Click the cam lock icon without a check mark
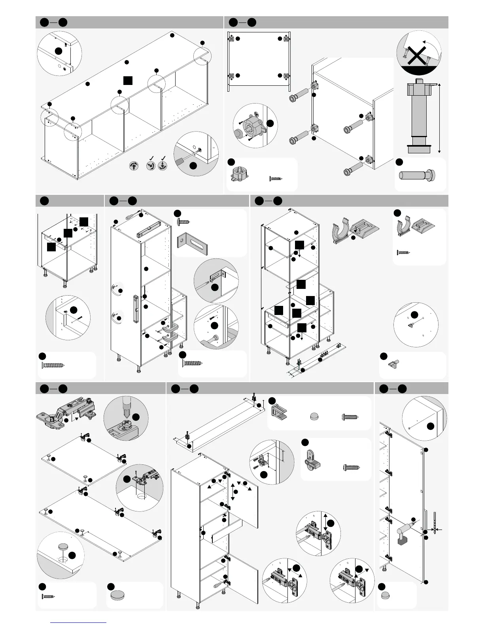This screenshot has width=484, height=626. coord(134,166)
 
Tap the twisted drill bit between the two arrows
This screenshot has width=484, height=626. coord(435,523)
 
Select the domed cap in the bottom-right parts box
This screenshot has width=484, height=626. coord(386,595)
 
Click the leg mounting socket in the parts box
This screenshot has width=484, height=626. coord(239,174)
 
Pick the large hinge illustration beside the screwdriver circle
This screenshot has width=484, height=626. coord(67,413)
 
